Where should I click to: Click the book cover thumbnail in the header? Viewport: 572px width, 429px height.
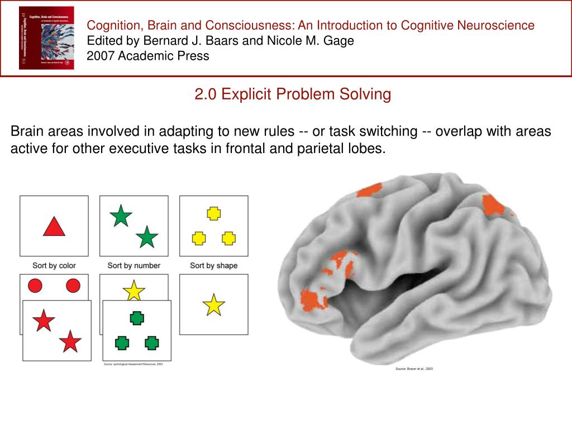click(x=46, y=38)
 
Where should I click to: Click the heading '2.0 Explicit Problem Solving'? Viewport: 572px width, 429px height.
click(x=293, y=94)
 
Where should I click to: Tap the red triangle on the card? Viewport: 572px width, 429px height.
click(x=54, y=226)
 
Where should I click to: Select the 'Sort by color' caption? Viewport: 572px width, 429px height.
click(x=54, y=265)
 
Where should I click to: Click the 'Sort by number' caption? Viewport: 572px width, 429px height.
click(x=134, y=265)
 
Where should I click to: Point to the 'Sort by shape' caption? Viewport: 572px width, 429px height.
click(x=213, y=265)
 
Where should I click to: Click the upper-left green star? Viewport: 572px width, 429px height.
click(x=121, y=216)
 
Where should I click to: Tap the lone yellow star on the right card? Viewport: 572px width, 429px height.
click(x=213, y=305)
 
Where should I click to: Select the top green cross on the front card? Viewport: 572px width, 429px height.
click(x=137, y=318)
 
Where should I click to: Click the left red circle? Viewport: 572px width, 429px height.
click(x=35, y=286)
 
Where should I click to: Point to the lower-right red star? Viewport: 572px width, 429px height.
click(x=70, y=341)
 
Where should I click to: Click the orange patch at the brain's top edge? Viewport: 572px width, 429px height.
click(x=369, y=190)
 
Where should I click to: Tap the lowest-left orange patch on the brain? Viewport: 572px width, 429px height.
click(x=314, y=299)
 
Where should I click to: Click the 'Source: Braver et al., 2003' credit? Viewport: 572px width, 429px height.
click(x=414, y=369)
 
